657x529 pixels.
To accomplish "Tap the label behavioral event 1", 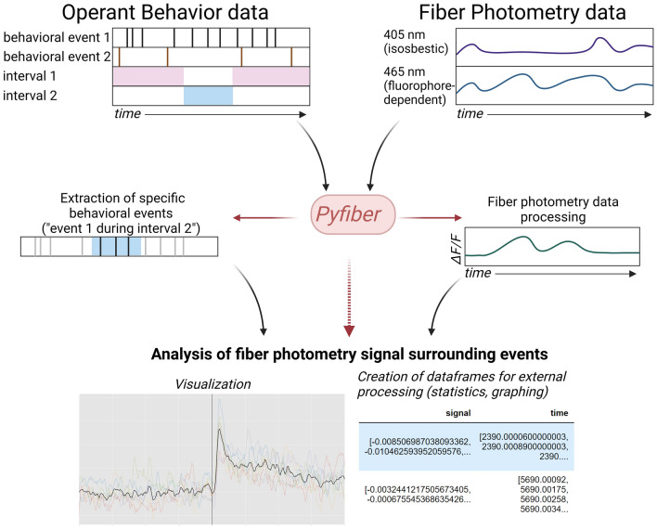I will point(55,38).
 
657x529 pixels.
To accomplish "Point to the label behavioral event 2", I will point(55,57).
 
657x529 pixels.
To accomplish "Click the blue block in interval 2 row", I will point(208,95).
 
